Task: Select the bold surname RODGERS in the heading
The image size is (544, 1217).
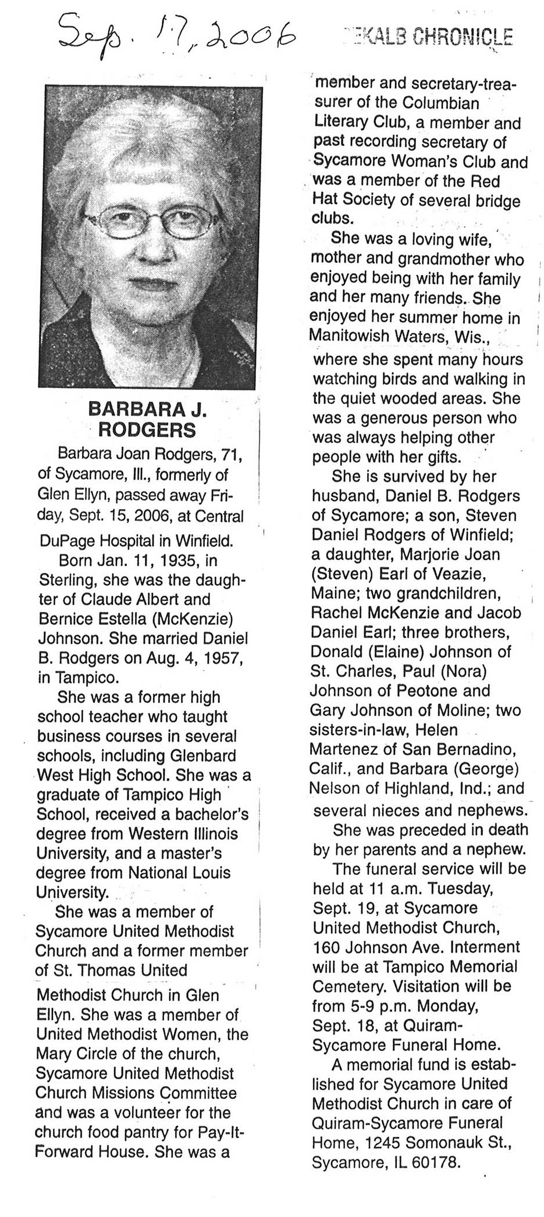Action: pos(147,430)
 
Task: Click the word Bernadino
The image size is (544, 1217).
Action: pos(465,750)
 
